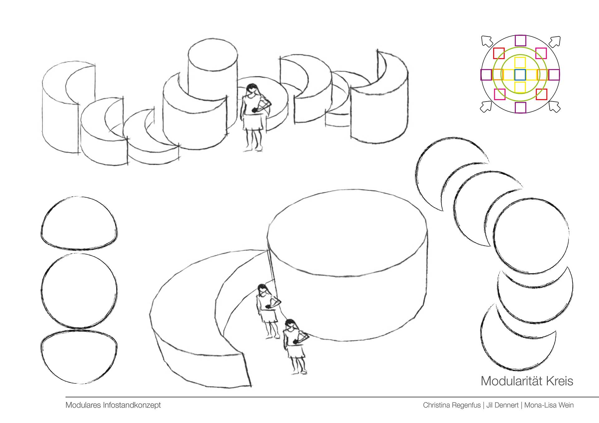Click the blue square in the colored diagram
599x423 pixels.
(x=520, y=75)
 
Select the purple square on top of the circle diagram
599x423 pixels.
(x=520, y=41)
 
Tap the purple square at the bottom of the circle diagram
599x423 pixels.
(x=520, y=107)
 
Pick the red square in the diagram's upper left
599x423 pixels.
(x=499, y=53)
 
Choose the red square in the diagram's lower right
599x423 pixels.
(x=542, y=94)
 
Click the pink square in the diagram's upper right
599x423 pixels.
(x=541, y=53)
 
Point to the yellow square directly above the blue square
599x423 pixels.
(x=520, y=63)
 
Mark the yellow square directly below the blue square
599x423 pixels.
(x=520, y=87)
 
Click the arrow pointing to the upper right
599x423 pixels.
(x=554, y=41)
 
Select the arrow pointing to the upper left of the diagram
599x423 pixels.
(x=487, y=41)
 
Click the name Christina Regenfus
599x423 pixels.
(x=452, y=405)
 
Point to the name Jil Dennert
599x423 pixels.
(x=502, y=405)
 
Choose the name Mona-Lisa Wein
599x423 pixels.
(x=549, y=405)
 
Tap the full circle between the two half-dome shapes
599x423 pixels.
(x=79, y=290)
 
